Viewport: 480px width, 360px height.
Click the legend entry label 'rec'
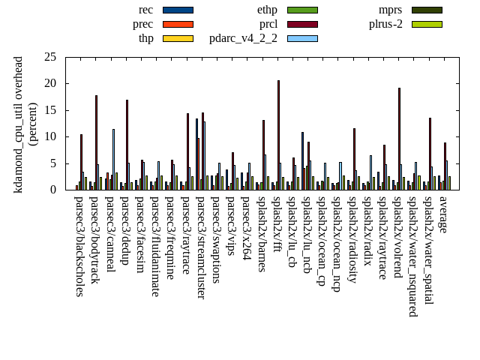(x=146, y=10)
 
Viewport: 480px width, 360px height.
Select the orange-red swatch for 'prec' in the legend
(x=178, y=24)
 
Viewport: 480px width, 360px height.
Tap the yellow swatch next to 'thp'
(x=178, y=38)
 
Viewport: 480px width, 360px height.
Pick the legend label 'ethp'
(x=267, y=10)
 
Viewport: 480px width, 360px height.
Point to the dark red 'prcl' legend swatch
(x=302, y=24)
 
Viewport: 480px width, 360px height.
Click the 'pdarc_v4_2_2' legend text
(x=243, y=38)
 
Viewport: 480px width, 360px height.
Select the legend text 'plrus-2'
(x=385, y=24)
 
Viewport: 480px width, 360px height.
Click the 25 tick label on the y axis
(x=50, y=57)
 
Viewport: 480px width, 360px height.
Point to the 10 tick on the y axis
(x=50, y=136)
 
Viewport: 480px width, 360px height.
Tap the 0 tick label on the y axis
(x=53, y=190)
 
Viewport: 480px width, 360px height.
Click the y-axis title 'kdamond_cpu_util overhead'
(x=19, y=124)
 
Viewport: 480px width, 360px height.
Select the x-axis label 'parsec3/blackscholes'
(x=79, y=246)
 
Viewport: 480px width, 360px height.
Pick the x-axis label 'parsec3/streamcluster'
(x=201, y=247)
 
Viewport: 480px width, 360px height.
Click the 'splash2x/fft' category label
(x=277, y=225)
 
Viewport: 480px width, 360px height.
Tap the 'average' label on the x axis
(x=443, y=213)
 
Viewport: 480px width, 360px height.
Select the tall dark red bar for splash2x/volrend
(x=399, y=139)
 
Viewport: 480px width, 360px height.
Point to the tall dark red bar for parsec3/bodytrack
(x=96, y=142)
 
